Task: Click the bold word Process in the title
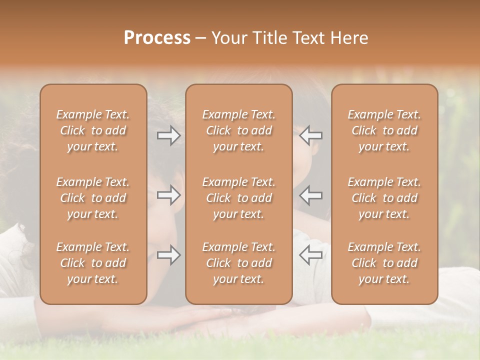(x=157, y=38)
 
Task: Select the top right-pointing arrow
(x=169, y=135)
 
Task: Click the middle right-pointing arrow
(x=169, y=195)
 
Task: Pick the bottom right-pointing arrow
(x=169, y=255)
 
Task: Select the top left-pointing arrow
(x=310, y=135)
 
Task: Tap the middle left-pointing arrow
(x=310, y=195)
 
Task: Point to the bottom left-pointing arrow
(x=310, y=255)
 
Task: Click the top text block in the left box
(x=93, y=130)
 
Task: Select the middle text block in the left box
(x=93, y=198)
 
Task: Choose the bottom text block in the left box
(x=93, y=263)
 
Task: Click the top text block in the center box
(x=239, y=130)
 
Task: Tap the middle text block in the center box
(x=239, y=198)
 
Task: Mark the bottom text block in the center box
(x=239, y=263)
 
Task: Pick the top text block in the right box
(x=384, y=130)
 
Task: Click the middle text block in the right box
(x=384, y=198)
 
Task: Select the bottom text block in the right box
(x=384, y=263)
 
